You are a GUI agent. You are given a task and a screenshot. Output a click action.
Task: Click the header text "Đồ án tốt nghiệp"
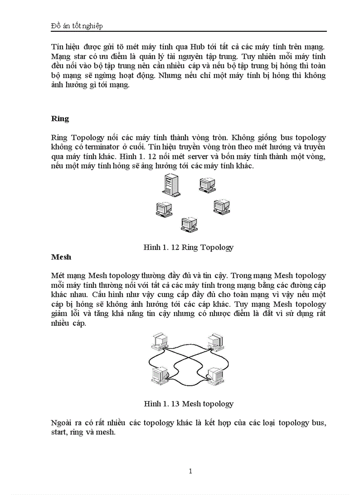(x=77, y=26)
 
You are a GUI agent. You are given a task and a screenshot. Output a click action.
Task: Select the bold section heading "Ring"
(x=60, y=119)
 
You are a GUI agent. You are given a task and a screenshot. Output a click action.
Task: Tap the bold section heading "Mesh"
(x=61, y=257)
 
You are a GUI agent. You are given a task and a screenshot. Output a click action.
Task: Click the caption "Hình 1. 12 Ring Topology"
(x=188, y=247)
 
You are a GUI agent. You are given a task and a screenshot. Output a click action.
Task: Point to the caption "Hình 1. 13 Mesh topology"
(x=188, y=403)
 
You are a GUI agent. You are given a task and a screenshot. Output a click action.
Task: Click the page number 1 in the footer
(x=190, y=471)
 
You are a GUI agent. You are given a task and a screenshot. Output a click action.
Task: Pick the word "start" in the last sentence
(x=60, y=432)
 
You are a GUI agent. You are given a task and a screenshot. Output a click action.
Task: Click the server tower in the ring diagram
(x=170, y=184)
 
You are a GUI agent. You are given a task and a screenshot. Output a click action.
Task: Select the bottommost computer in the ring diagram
(x=189, y=224)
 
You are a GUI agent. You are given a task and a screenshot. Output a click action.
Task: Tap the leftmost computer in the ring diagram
(x=164, y=209)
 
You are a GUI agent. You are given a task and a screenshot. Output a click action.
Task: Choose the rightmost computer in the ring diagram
(x=221, y=206)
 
